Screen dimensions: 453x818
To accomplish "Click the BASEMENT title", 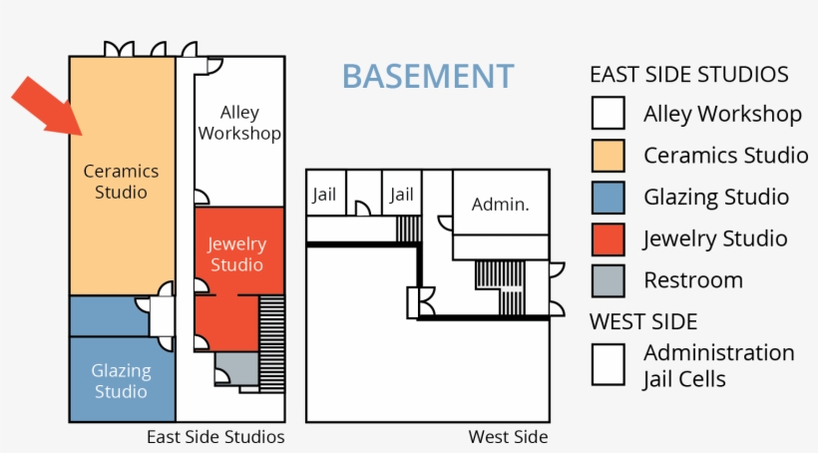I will pyautogui.click(x=428, y=77).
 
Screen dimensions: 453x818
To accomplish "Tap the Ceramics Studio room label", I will pyautogui.click(x=121, y=181).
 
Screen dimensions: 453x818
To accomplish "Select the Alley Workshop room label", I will pyautogui.click(x=238, y=124).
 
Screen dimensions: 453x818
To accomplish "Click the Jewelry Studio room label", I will pyautogui.click(x=236, y=254).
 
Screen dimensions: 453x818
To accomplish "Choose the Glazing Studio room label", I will pyautogui.click(x=121, y=380).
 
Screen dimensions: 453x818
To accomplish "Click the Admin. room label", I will pyautogui.click(x=500, y=204).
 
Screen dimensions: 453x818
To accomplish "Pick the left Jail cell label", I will pyautogui.click(x=324, y=195).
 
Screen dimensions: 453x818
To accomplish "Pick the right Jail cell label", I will pyautogui.click(x=401, y=195).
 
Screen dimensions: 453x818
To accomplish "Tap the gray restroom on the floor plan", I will pyautogui.click(x=236, y=368).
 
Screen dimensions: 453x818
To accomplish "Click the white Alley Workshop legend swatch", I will pyautogui.click(x=608, y=113).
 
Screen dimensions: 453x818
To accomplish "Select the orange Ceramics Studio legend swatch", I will pyautogui.click(x=608, y=155).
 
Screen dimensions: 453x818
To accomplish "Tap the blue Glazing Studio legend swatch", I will pyautogui.click(x=608, y=197).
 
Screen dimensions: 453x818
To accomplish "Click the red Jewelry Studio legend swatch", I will pyautogui.click(x=608, y=238).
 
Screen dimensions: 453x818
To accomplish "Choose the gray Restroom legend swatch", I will pyautogui.click(x=608, y=280).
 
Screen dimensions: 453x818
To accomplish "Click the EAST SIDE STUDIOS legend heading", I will pyautogui.click(x=689, y=75).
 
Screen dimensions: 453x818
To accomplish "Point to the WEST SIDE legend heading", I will pyautogui.click(x=643, y=321).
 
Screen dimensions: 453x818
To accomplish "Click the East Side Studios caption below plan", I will pyautogui.click(x=215, y=437).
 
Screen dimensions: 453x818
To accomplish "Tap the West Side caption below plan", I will pyautogui.click(x=508, y=437).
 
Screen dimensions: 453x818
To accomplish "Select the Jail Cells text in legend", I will pyautogui.click(x=684, y=379).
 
